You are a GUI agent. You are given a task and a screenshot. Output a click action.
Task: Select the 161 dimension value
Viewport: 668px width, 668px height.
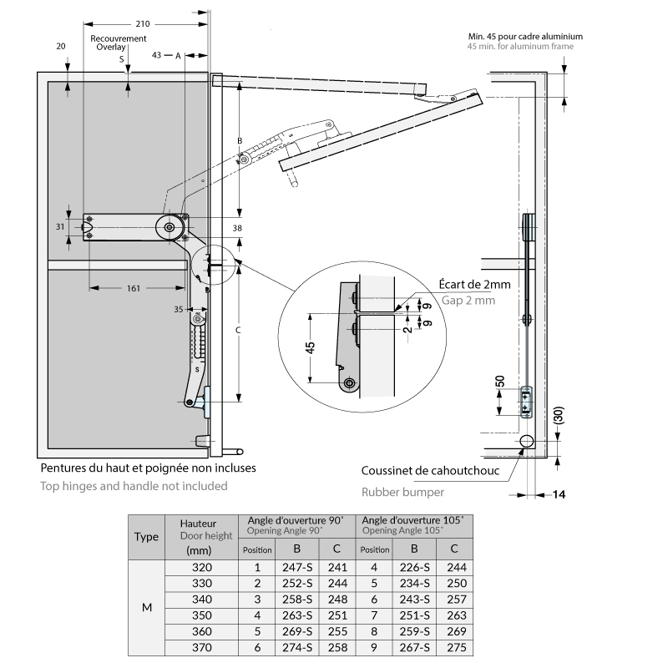(x=134, y=288)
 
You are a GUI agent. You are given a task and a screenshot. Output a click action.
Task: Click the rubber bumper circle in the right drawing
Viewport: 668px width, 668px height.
(x=526, y=441)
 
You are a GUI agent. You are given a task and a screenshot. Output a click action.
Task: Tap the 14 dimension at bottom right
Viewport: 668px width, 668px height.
(x=559, y=495)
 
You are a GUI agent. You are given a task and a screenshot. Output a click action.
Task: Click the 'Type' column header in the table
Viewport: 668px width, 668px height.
(x=147, y=537)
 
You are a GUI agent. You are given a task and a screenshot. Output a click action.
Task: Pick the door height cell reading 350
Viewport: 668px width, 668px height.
(x=203, y=615)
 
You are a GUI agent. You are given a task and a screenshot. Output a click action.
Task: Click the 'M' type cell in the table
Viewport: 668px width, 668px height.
(x=147, y=607)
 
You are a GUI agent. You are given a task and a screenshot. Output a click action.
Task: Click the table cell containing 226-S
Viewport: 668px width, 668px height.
(x=414, y=567)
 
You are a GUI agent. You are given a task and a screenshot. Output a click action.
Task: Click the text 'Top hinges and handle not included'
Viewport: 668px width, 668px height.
(x=134, y=485)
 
